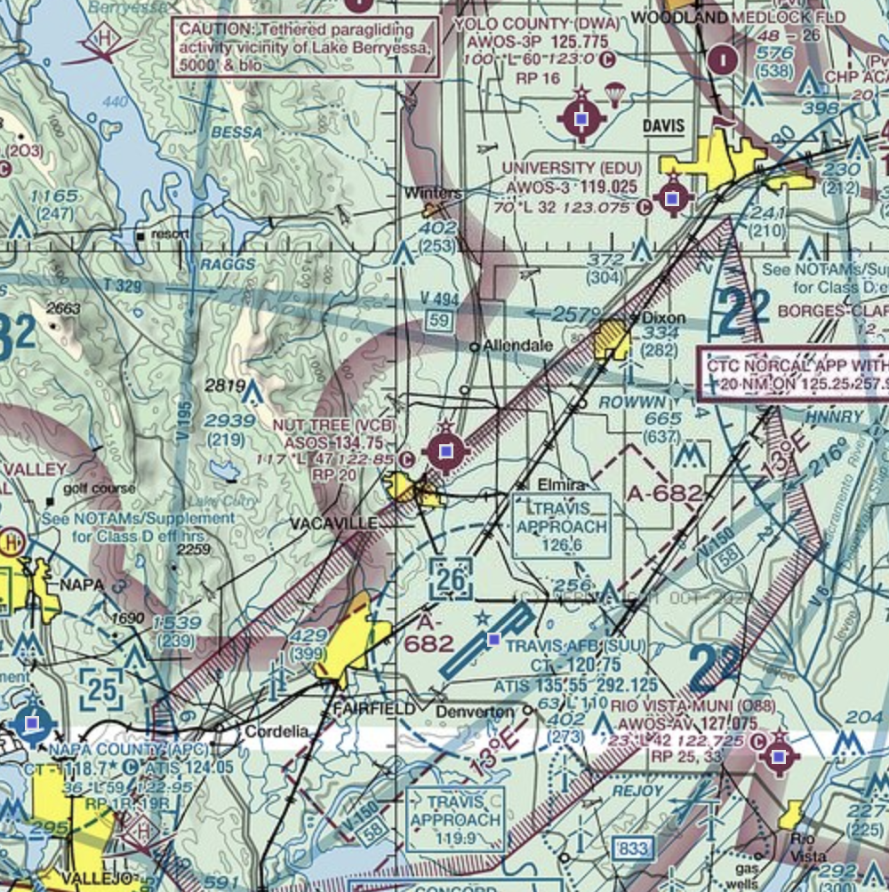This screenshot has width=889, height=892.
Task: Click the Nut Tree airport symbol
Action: click(445, 452)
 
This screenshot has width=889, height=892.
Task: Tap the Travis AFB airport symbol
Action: click(494, 639)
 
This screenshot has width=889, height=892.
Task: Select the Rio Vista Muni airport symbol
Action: click(780, 757)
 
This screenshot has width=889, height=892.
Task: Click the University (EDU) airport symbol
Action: click(672, 199)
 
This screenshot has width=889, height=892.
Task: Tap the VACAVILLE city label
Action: click(333, 524)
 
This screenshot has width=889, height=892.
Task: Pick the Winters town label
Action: click(432, 193)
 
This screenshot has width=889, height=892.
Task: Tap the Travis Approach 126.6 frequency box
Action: click(562, 526)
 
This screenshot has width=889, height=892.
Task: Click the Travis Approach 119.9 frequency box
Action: click(455, 818)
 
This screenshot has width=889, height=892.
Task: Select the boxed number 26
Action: click(451, 580)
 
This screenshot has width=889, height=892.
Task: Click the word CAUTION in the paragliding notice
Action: click(212, 28)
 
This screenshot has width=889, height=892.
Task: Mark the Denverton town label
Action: click(475, 713)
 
